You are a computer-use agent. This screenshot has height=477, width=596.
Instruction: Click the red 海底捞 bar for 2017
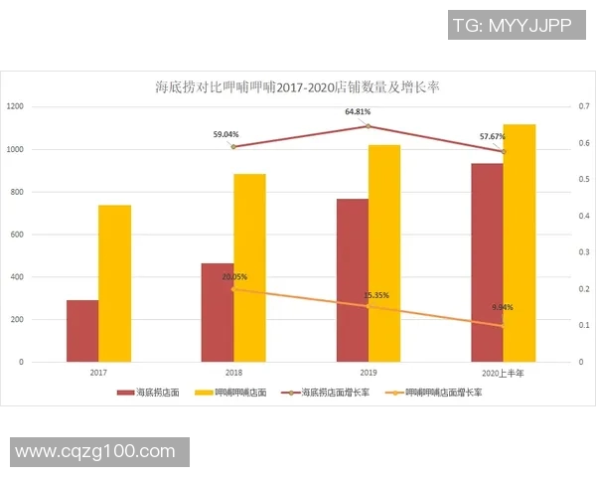pyautogui.click(x=82, y=330)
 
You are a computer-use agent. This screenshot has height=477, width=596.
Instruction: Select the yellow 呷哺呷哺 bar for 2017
pyautogui.click(x=114, y=283)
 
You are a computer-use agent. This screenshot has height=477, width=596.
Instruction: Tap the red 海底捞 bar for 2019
pyautogui.click(x=352, y=280)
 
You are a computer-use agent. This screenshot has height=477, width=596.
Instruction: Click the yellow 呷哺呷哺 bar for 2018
pyautogui.click(x=249, y=267)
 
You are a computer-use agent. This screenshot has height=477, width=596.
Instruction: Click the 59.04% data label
pyautogui.click(x=226, y=134)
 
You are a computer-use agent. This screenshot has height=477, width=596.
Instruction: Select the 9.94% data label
pyautogui.click(x=503, y=308)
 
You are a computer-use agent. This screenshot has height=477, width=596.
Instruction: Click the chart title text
pyautogui.click(x=297, y=87)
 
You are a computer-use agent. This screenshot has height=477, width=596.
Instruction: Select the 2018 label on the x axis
pyautogui.click(x=233, y=372)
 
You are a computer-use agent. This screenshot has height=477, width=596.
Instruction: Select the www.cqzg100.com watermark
pyautogui.click(x=94, y=451)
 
